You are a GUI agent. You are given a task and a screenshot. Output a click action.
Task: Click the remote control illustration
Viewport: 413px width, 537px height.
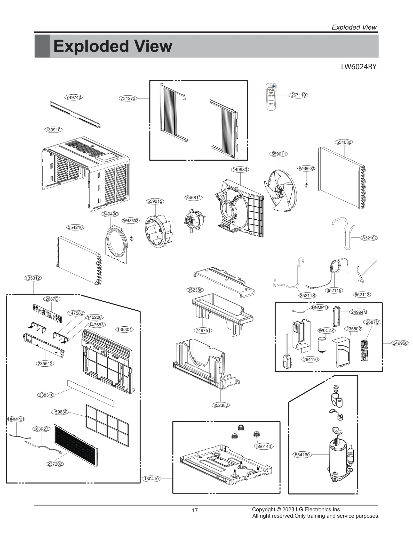(271, 97)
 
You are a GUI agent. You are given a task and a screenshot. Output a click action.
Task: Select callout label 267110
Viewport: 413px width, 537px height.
(298, 95)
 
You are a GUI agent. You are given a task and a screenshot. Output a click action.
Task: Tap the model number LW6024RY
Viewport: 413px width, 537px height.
(359, 67)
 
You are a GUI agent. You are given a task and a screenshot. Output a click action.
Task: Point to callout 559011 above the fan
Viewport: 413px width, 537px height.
(279, 154)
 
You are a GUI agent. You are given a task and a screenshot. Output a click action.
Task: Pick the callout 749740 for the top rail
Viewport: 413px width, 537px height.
(74, 97)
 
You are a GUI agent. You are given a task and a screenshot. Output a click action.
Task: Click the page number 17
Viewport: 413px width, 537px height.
(195, 510)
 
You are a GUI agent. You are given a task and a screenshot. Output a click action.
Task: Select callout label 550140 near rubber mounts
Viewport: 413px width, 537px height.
(264, 446)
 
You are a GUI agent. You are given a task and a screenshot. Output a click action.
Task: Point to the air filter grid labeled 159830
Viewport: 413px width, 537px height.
(107, 425)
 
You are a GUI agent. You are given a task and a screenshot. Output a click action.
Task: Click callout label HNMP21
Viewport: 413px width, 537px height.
(16, 419)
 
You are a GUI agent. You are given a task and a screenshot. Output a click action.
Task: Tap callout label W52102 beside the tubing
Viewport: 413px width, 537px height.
(369, 238)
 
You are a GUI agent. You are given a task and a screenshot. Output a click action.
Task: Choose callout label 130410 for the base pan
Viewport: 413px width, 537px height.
(152, 478)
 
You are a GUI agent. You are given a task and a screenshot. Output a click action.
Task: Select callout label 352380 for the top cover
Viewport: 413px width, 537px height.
(195, 290)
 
